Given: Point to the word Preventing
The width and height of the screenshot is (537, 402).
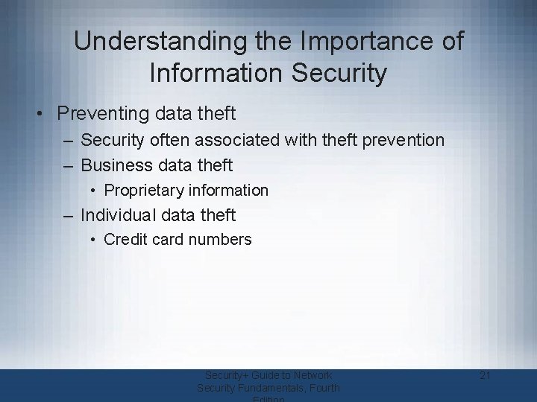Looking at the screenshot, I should pos(101,114).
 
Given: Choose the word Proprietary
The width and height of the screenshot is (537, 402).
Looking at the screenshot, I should pos(145,191).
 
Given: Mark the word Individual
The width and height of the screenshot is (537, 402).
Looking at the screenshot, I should pos(118,215).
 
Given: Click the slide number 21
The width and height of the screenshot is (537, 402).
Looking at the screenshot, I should pos(485,375).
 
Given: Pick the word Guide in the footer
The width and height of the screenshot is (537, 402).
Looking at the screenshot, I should pos(261,375).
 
